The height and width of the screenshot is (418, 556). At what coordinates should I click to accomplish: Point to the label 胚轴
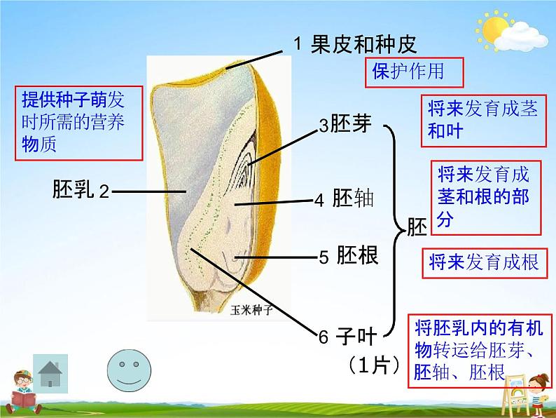(x=353, y=198)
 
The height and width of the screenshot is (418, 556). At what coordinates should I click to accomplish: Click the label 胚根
(x=356, y=255)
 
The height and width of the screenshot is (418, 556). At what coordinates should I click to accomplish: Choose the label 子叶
(x=356, y=336)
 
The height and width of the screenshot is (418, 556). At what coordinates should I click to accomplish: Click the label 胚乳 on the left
(x=74, y=189)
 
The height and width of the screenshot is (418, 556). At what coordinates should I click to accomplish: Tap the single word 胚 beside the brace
(x=417, y=227)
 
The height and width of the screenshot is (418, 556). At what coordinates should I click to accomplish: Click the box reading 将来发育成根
(x=484, y=263)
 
